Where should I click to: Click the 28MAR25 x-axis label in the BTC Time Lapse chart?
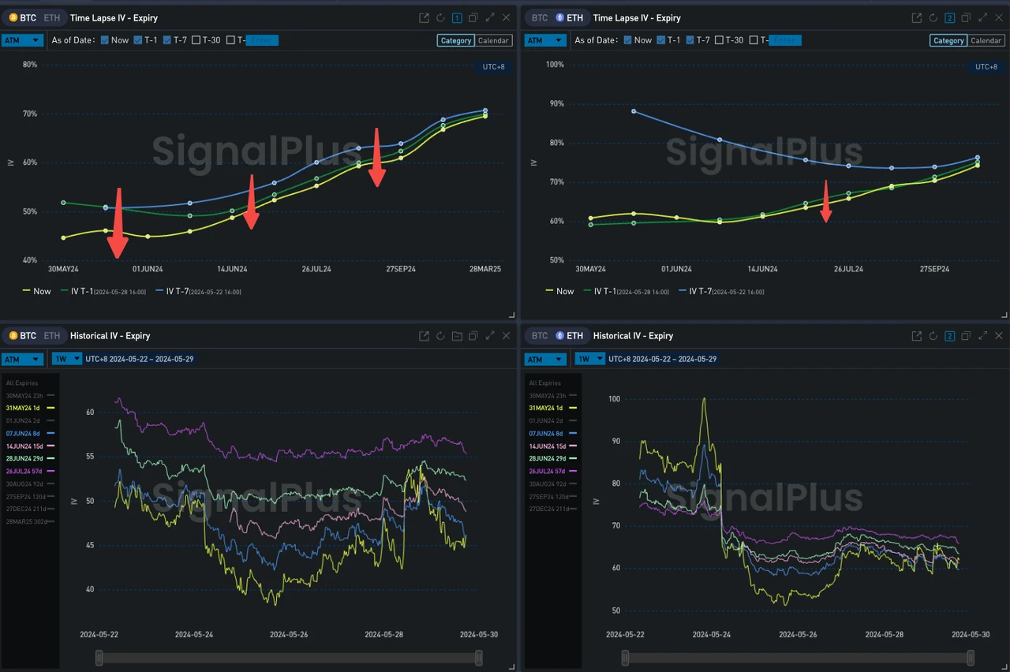tap(484, 269)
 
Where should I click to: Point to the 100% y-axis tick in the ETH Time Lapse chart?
tap(555, 65)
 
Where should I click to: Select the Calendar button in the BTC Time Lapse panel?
tap(494, 40)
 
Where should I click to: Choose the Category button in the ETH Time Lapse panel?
tap(948, 40)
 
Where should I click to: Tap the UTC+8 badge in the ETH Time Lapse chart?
tap(986, 67)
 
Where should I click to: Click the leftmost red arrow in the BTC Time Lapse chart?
tap(118, 225)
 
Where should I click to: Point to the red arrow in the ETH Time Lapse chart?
tap(825, 203)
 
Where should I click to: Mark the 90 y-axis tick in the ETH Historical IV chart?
tap(614, 442)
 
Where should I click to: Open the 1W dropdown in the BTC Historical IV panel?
tap(66, 359)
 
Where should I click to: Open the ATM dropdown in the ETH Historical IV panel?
tap(544, 359)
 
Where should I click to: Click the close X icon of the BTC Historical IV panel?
tap(506, 336)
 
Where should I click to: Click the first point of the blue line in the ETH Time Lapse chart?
tap(634, 111)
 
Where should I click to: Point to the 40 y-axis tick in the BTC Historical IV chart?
tap(90, 589)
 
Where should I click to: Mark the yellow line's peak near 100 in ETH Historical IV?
tap(704, 399)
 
